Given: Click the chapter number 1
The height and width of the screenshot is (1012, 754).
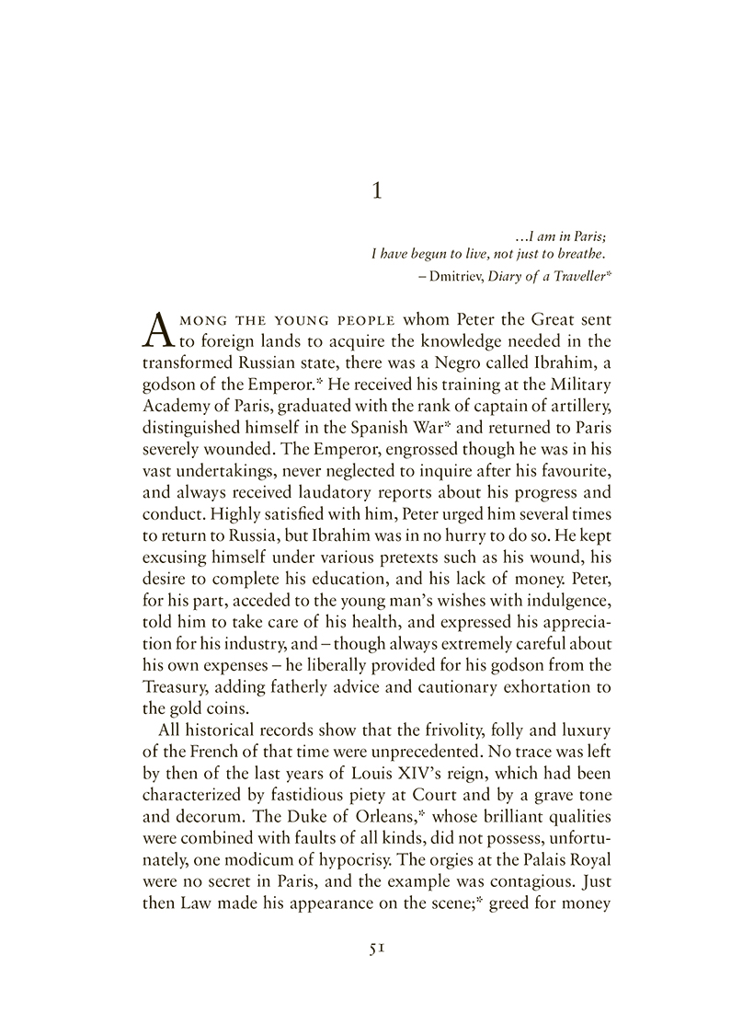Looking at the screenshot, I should [x=375, y=191].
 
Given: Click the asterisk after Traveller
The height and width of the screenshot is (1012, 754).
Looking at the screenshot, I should [x=609, y=272].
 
